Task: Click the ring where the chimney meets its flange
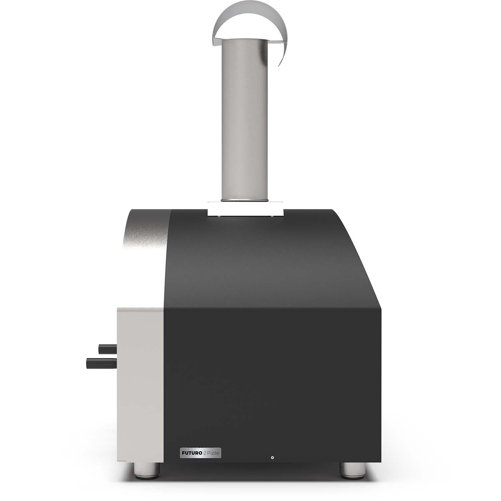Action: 244,200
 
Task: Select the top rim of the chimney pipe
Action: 244,40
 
